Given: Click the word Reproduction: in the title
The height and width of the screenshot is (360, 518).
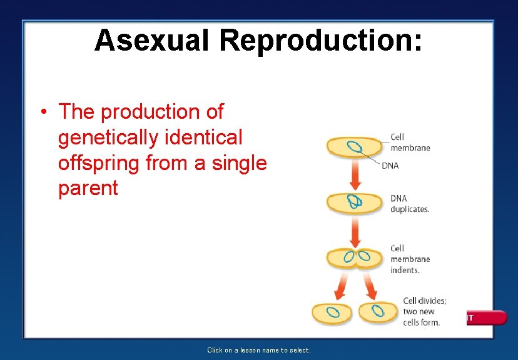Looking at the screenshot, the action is [x=320, y=41].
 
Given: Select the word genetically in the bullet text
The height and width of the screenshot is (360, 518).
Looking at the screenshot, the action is [x=107, y=137].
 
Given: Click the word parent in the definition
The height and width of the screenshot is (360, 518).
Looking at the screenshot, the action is [x=88, y=188].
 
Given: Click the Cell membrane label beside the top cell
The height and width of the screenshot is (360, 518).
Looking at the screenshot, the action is [x=410, y=142].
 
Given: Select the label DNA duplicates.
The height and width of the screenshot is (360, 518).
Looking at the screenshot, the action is [x=410, y=204].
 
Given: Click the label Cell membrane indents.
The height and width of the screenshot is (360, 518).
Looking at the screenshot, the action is [x=410, y=259].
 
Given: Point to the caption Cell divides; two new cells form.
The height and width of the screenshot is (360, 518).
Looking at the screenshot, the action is [x=424, y=311].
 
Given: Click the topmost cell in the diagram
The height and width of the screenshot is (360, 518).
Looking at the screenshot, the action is [x=354, y=147].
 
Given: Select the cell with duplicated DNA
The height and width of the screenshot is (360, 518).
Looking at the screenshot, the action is [x=354, y=201].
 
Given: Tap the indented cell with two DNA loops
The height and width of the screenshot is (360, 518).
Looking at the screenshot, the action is [x=355, y=257].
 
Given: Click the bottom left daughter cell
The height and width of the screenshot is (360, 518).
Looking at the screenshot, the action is [x=333, y=312].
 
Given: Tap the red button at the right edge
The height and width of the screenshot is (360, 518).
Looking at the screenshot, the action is [x=489, y=317].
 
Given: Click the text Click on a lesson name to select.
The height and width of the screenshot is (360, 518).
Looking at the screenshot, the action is [x=259, y=350].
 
